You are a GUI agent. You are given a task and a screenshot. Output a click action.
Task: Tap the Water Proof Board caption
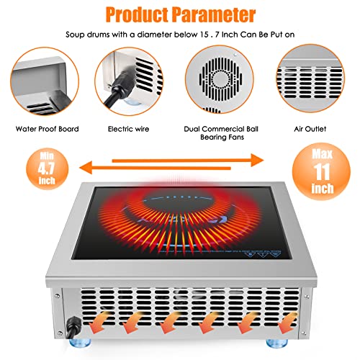tap(45, 130)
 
